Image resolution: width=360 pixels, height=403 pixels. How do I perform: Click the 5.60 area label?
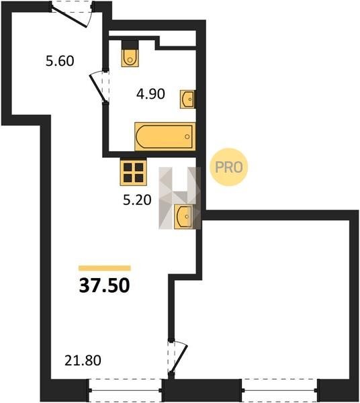60,61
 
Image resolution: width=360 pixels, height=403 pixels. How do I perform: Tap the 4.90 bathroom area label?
150,94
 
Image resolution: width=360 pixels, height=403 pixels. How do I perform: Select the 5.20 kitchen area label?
137,200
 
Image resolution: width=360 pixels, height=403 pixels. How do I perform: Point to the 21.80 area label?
83,360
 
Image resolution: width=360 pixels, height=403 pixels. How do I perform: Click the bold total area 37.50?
104,286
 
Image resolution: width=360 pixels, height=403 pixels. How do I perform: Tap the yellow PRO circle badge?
228,167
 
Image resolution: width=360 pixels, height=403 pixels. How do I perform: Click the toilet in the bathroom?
130,54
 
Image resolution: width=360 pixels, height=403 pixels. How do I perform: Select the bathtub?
165,136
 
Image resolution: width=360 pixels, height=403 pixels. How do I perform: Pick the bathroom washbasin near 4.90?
188,99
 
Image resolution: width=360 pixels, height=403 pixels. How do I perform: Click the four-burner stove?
134,173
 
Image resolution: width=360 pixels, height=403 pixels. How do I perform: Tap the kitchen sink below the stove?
184,216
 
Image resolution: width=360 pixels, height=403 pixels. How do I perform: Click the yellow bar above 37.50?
105,268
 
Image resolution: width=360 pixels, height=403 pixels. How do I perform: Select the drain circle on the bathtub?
187,136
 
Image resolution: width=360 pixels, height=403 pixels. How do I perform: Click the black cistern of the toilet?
130,45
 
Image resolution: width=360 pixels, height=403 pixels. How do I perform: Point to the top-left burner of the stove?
128,167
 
